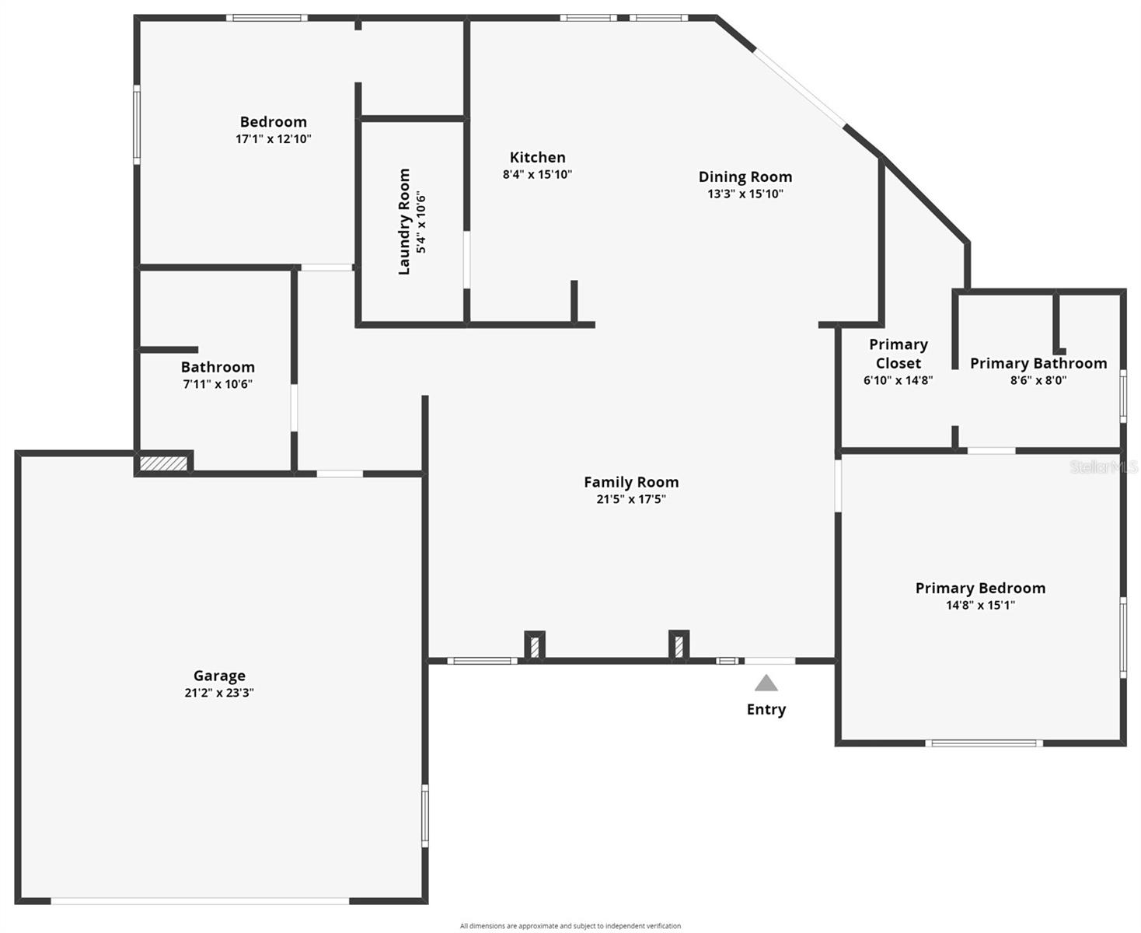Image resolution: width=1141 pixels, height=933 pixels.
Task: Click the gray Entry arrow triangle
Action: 766,683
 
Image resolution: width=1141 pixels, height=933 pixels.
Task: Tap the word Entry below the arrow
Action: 766,709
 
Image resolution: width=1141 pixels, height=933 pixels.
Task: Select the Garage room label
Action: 219,676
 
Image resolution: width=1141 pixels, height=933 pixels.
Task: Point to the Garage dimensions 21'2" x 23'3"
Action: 219,693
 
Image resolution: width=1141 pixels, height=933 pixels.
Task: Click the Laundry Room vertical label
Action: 404,222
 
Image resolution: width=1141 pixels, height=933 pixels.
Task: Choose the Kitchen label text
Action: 537,157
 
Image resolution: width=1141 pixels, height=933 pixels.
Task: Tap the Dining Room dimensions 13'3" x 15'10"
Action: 745,194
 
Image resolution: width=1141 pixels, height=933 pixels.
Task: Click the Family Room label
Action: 631,482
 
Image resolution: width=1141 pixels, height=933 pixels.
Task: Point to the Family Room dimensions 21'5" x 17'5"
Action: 631,499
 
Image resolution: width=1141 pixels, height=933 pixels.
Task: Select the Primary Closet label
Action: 898,354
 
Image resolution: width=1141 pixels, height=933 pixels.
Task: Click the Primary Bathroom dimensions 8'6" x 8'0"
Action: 1038,380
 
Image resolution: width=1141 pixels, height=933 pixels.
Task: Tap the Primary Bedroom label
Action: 980,588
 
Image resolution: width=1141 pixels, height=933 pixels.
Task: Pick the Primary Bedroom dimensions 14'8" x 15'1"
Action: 980,605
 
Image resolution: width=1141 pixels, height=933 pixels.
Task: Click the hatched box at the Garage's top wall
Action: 164,463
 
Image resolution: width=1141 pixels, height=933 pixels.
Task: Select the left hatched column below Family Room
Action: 535,647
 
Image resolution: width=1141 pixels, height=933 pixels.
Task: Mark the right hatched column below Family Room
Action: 679,646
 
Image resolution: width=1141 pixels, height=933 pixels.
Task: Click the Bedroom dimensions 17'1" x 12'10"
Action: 274,139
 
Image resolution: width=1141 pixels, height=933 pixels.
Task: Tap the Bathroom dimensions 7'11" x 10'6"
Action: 218,384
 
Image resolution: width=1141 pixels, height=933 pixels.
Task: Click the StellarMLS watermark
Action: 1103,466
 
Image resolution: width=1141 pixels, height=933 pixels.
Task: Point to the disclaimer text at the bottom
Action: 570,926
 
